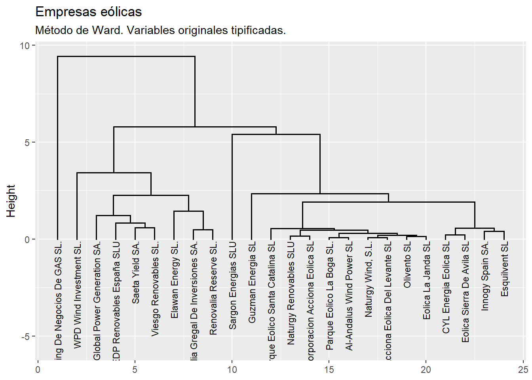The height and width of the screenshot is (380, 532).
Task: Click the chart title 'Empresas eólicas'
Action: click(88, 12)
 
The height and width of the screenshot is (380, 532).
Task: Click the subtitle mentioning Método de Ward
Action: click(160, 30)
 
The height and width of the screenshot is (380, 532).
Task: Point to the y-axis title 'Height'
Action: click(11, 201)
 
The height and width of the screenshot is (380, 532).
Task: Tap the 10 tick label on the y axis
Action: click(25, 46)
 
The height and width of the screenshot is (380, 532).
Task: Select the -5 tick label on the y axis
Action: click(25, 336)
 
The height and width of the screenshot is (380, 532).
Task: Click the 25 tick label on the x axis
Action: click(523, 370)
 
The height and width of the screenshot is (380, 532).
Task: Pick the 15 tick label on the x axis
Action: click(329, 370)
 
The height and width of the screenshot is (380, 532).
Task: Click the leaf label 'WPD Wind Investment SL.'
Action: click(78, 295)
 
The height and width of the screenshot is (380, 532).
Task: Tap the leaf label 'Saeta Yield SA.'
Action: click(136, 273)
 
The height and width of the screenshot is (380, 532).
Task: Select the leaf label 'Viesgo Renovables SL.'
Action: click(155, 289)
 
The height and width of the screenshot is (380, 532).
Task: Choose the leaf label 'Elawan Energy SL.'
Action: click(175, 280)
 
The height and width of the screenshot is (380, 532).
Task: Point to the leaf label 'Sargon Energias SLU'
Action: click(233, 285)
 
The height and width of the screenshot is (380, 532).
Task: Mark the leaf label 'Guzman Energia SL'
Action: click(252, 282)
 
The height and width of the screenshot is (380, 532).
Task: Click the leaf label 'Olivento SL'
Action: click(407, 265)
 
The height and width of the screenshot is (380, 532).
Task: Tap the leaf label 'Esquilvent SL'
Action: click(504, 269)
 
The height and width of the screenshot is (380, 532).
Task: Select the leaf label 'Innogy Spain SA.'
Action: click(485, 276)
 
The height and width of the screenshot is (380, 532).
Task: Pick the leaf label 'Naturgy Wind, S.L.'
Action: click(369, 279)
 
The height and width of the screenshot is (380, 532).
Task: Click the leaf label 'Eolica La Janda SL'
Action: click(427, 281)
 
